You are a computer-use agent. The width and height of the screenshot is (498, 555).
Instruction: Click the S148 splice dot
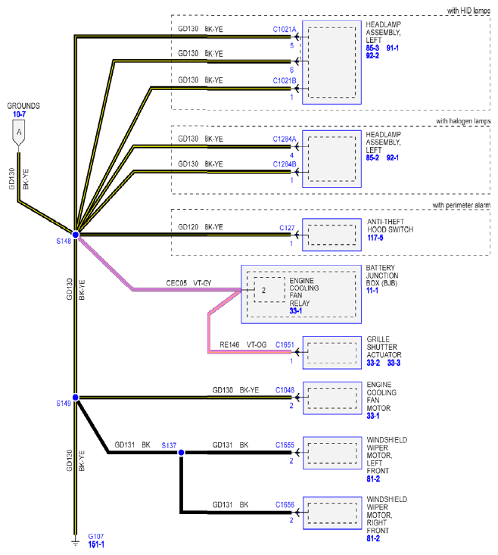tap(76, 234)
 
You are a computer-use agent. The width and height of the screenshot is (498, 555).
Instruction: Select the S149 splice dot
tap(76, 398)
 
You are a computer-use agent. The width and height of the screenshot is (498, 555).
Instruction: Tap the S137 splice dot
tap(181, 452)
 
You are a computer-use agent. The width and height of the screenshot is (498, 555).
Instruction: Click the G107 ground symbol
tap(75, 542)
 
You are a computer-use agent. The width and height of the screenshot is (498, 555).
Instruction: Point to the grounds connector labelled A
tap(19, 133)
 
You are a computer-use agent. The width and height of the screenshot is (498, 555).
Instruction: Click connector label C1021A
tap(285, 30)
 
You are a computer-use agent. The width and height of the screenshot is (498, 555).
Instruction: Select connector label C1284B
tap(285, 164)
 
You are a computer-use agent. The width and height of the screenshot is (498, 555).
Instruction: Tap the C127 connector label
tap(287, 228)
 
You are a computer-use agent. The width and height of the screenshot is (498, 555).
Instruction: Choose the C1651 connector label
tap(285, 345)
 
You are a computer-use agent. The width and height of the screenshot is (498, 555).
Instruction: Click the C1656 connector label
tap(285, 505)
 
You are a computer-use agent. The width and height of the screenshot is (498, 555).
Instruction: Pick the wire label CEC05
tap(176, 283)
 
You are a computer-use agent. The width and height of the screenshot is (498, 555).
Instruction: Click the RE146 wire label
tap(229, 345)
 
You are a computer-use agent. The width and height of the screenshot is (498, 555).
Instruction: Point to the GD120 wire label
tap(188, 227)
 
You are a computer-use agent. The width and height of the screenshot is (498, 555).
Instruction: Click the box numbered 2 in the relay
tap(269, 290)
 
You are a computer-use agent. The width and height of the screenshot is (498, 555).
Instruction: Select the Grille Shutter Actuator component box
tap(332, 353)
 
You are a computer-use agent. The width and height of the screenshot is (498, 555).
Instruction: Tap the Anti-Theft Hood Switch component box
tap(331, 235)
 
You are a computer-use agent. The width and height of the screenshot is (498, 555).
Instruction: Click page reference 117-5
tap(375, 238)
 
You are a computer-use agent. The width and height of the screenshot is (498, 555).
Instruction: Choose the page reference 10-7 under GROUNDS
tap(19, 114)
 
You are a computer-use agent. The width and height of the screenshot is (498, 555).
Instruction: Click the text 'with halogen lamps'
tap(463, 121)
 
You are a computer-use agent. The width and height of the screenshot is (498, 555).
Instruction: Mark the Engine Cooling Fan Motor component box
tap(332, 398)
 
